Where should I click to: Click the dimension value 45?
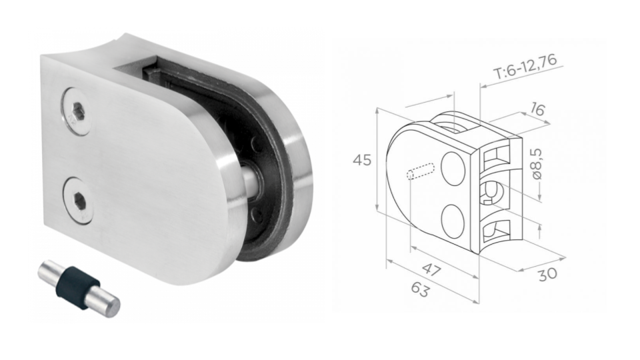[x=362, y=161]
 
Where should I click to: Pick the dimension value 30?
[x=547, y=273]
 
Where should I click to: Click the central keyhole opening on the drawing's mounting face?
[x=490, y=193]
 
